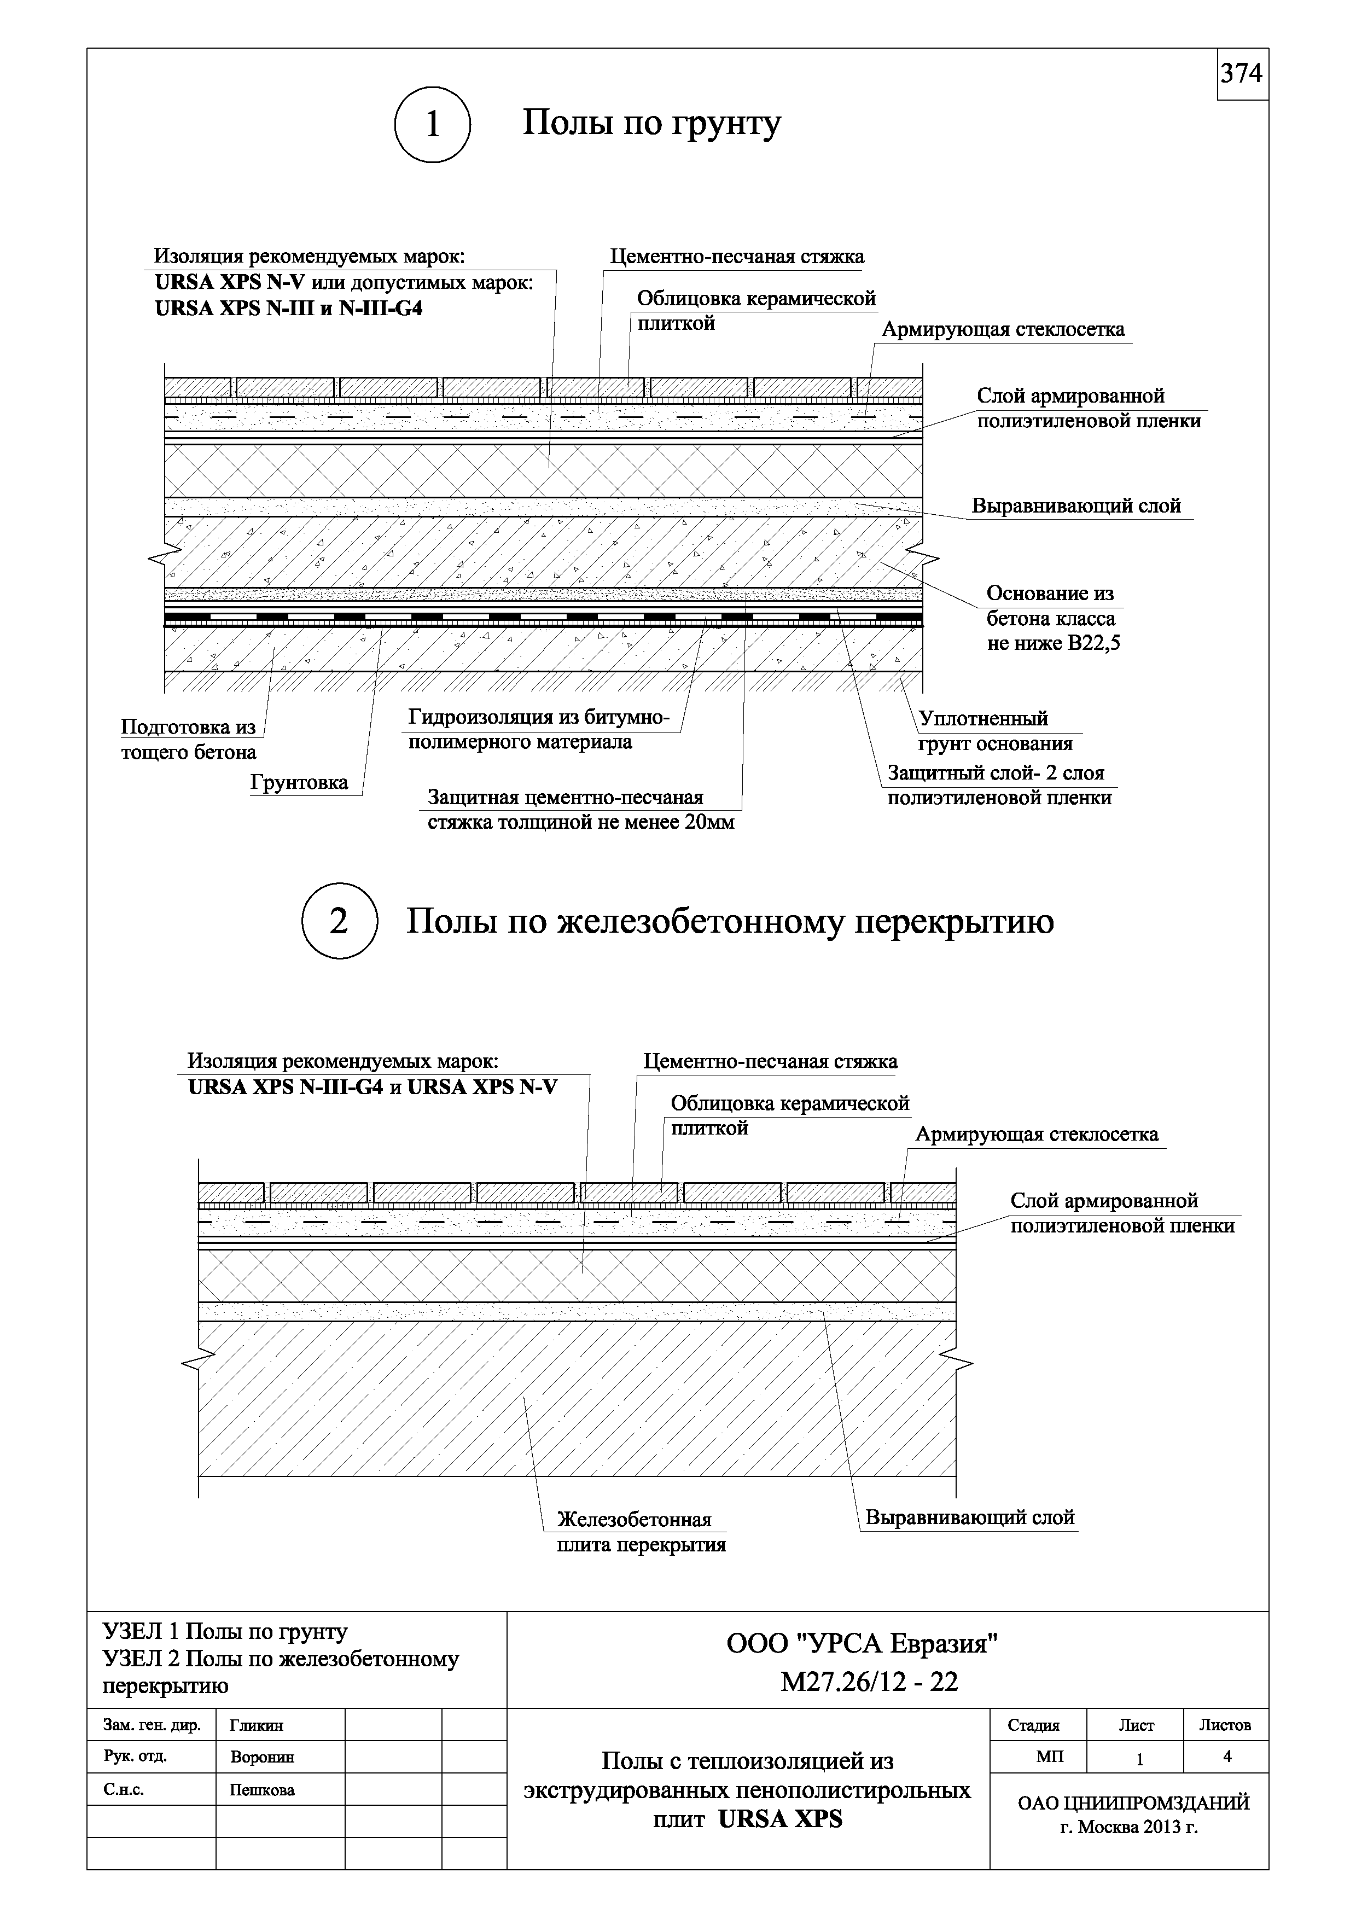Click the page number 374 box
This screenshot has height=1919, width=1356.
[x=1242, y=74]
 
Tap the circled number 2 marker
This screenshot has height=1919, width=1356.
[x=339, y=921]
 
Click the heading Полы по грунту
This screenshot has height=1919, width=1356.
[x=651, y=124]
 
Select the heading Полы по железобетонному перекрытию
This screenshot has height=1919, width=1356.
[x=729, y=921]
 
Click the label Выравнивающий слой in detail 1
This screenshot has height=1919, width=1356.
[x=1076, y=505]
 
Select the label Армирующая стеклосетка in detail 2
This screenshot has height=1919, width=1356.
[x=1037, y=1134]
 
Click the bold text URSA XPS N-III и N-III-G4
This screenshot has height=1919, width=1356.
[x=289, y=309]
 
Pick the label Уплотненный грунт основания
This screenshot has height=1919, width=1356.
[x=995, y=731]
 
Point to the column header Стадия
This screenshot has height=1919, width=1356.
[x=1033, y=1725]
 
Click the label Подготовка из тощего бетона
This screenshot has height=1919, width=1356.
[x=189, y=740]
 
